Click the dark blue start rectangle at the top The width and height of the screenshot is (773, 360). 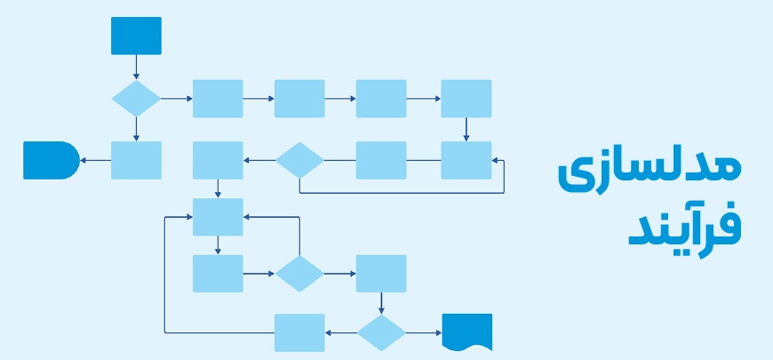point(136,36)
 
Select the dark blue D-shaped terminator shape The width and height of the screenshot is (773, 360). point(50,160)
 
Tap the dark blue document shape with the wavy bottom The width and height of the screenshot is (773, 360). point(466,332)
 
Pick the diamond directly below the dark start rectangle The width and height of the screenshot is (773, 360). point(136,98)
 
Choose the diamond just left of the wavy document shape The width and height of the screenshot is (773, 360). point(381,332)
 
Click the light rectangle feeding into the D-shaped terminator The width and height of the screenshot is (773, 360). point(136,160)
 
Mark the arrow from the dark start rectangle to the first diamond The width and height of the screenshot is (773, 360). point(136,67)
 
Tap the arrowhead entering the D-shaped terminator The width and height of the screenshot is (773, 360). point(84,160)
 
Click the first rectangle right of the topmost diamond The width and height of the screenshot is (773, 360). point(218,98)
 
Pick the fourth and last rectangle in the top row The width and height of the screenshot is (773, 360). point(466,98)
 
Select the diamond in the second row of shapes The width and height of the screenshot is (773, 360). point(299,160)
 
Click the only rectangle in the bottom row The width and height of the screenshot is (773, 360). point(299,332)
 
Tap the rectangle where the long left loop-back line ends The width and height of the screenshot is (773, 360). point(218,217)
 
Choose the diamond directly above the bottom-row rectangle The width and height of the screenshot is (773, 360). point(299,274)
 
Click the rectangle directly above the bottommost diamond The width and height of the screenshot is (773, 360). point(381,274)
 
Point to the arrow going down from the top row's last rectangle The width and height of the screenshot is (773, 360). point(466,129)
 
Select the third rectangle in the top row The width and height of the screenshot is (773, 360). point(381,98)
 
